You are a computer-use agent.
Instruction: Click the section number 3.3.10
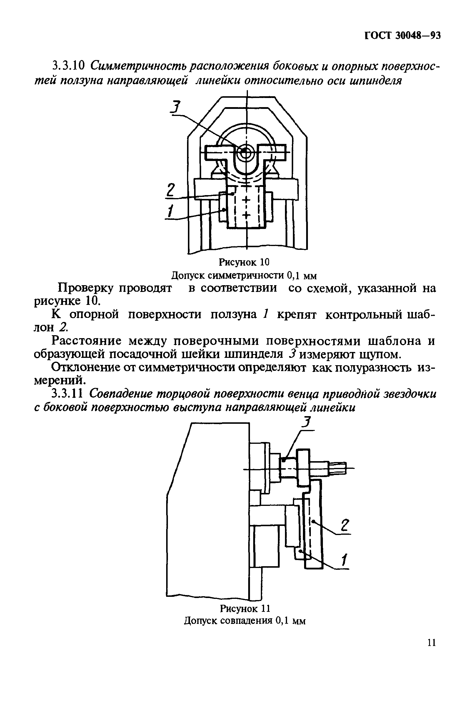tap(68, 66)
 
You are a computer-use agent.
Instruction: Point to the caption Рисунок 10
tap(244, 262)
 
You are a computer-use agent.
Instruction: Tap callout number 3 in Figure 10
tap(176, 108)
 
